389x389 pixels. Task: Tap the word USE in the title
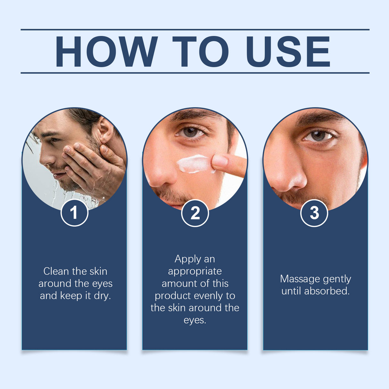coord(288,52)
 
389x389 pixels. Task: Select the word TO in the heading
coord(201,52)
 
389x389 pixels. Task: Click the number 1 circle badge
coord(74,213)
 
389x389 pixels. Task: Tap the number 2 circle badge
coord(195,213)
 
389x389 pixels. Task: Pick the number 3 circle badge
coord(314,213)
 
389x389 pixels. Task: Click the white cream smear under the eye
coord(194,163)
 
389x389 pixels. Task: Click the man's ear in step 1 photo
coord(105,130)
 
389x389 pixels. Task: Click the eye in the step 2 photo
coord(191,132)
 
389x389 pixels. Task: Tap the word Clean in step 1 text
coord(56,271)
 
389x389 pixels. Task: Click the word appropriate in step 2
coord(195,271)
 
